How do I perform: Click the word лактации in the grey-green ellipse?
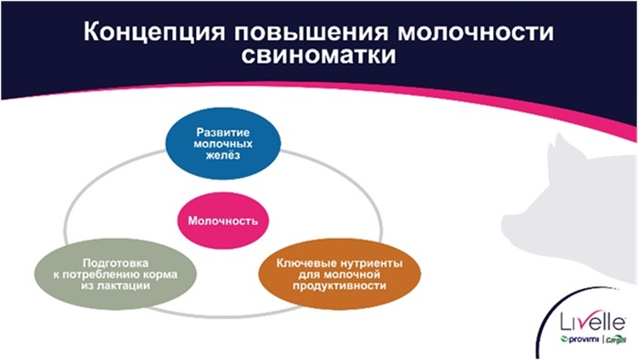(101, 284)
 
